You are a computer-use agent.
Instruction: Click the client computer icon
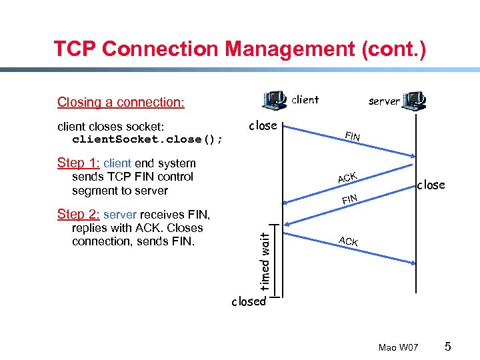[275, 100]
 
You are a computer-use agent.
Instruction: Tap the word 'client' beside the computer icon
[305, 100]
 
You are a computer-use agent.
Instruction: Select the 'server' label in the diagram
[384, 101]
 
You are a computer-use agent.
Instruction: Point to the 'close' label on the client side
[263, 125]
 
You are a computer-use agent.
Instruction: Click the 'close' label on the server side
[431, 185]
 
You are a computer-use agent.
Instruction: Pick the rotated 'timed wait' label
[265, 260]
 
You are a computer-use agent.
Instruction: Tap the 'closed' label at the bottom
[249, 301]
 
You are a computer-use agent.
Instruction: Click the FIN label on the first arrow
[353, 137]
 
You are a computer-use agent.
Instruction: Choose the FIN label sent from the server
[350, 199]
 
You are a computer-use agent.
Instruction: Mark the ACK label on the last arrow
[347, 241]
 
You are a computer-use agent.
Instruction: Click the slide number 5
[448, 347]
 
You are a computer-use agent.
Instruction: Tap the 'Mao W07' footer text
[398, 347]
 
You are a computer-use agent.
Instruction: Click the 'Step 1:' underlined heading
[79, 163]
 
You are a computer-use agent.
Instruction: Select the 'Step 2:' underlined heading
[79, 215]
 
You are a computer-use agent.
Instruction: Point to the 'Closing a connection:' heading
[121, 102]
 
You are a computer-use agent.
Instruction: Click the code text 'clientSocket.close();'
[147, 140]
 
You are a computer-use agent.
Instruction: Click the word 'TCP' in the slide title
[75, 49]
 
